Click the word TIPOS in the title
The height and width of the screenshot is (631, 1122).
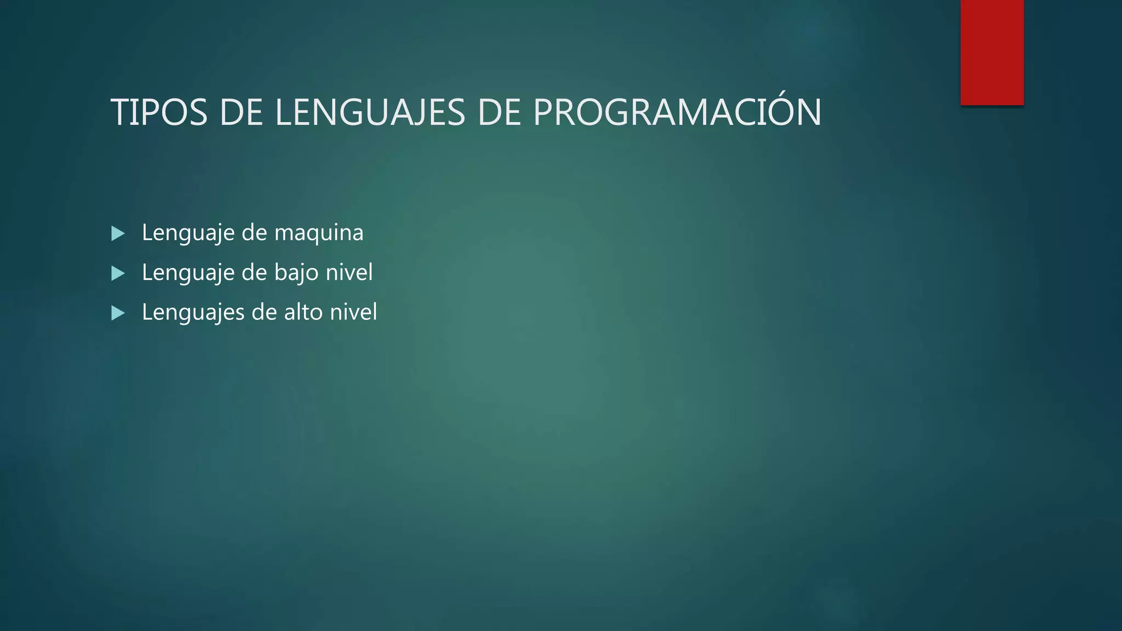(159, 113)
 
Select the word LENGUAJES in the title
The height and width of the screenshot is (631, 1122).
(370, 113)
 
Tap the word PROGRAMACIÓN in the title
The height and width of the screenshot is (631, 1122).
(677, 113)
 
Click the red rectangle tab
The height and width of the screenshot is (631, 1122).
(992, 52)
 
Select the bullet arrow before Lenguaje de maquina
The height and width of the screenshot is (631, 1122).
(118, 234)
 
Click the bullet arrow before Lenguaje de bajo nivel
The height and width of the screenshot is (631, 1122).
(118, 273)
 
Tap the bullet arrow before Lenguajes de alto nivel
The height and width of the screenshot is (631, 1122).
(118, 313)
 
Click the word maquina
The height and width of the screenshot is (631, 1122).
(318, 233)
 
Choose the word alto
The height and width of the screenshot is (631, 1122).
(303, 312)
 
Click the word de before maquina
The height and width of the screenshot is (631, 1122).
(254, 233)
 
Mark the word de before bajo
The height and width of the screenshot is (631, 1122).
(254, 273)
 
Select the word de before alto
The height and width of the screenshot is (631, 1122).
(264, 312)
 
